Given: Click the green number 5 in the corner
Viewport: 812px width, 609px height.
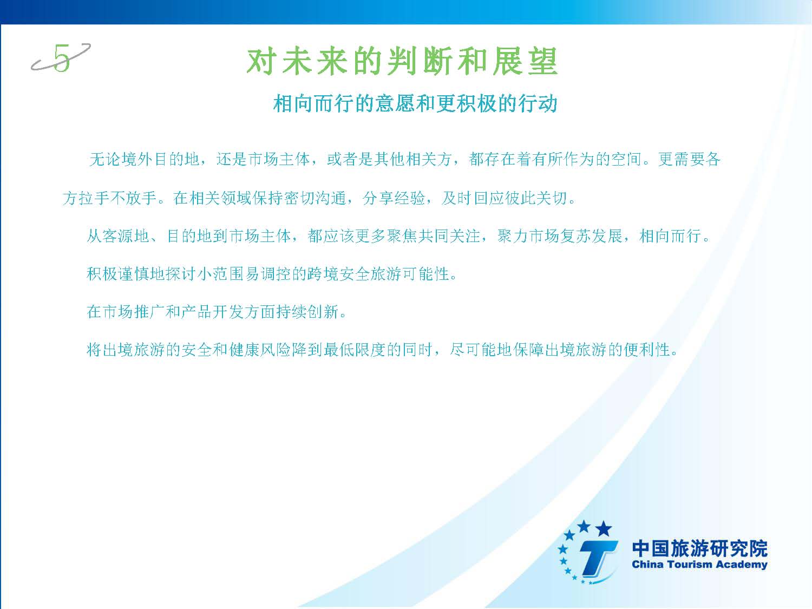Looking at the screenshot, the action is click(62, 58).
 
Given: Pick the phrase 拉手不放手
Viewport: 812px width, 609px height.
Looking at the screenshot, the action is click(117, 198).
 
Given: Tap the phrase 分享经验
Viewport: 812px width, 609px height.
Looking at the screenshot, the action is click(393, 198).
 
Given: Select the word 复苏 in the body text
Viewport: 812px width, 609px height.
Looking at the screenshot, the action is click(575, 236).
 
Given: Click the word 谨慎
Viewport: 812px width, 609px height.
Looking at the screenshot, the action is click(134, 274).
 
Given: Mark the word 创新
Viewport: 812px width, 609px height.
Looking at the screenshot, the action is click(323, 312).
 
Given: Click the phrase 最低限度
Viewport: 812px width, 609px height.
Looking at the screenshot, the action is click(355, 349).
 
